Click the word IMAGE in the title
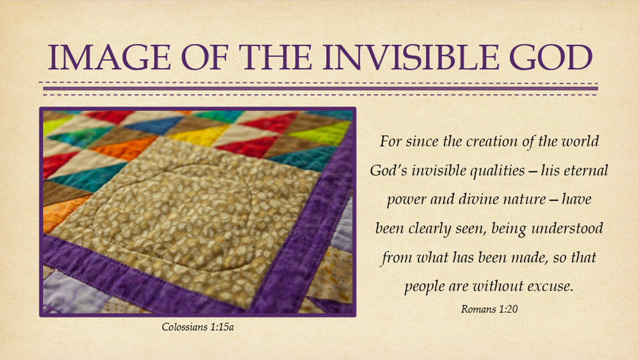[x=109, y=57]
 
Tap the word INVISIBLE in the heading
[x=411, y=57]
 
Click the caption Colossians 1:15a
[x=198, y=327]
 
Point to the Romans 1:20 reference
[x=489, y=309]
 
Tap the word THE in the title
[x=276, y=57]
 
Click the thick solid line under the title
[x=320, y=88]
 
